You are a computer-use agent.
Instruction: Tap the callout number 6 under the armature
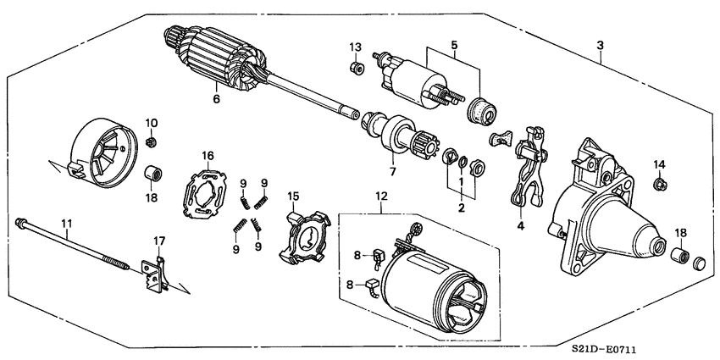coord(216,100)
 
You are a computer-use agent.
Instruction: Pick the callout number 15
coord(294,197)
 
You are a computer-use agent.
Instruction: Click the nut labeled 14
coord(658,183)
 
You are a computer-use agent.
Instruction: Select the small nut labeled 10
coord(152,141)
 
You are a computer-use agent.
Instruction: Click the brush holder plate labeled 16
coord(207,191)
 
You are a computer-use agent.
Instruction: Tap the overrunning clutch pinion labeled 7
coord(395,136)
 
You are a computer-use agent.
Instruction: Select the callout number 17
coord(157,241)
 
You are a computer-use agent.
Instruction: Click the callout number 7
coord(393,173)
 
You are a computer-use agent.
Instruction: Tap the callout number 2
coord(462,206)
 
